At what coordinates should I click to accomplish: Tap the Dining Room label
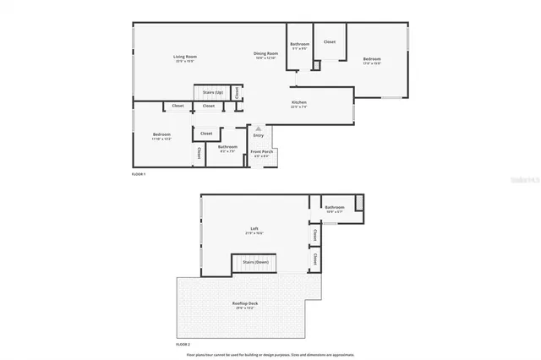tap(265, 54)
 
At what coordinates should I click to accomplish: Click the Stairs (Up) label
tap(213, 91)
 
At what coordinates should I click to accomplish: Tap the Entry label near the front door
tap(258, 135)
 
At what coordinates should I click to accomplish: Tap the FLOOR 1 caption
tap(139, 173)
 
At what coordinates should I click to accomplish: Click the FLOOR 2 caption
tap(183, 345)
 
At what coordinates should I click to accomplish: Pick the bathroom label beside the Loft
tap(335, 207)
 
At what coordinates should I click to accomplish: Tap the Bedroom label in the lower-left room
tap(161, 135)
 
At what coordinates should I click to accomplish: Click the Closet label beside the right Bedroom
tap(330, 41)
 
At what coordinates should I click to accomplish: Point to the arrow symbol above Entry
tap(259, 128)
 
